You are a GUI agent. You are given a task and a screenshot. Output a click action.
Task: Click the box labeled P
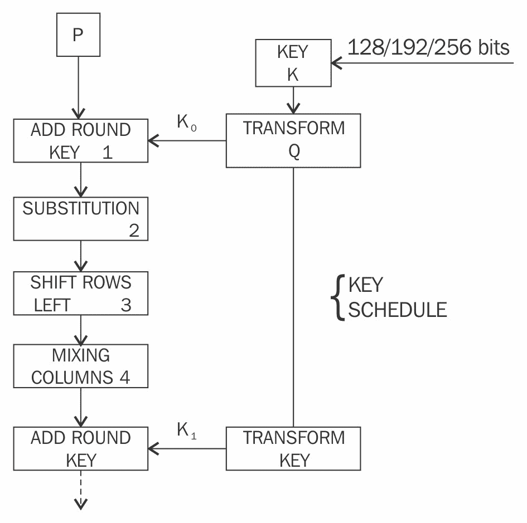click(x=78, y=35)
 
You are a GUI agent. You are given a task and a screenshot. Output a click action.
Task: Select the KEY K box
click(x=293, y=63)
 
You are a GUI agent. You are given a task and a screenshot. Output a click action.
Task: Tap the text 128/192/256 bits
click(x=428, y=48)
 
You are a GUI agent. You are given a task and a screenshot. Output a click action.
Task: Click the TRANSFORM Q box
click(x=293, y=140)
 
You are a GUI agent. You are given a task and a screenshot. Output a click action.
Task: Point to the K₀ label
click(x=186, y=124)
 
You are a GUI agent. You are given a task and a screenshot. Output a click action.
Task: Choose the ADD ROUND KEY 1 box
click(x=81, y=140)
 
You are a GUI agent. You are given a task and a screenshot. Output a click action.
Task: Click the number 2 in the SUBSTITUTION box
click(x=134, y=231)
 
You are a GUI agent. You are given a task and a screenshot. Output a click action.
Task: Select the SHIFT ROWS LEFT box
click(x=81, y=294)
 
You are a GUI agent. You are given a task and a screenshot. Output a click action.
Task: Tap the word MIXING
click(x=81, y=355)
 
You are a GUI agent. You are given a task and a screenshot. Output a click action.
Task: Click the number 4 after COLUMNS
click(x=124, y=377)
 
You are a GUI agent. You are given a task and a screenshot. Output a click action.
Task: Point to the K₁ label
click(x=186, y=430)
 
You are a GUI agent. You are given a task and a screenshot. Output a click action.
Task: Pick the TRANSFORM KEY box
click(x=293, y=448)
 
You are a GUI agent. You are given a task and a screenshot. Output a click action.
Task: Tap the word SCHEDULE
click(x=398, y=310)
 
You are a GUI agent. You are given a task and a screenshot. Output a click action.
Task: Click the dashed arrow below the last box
click(x=81, y=490)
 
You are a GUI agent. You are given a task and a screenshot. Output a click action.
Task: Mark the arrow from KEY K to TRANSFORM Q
click(x=293, y=100)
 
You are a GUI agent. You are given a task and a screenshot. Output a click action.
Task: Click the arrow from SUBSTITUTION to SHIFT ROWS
click(x=81, y=256)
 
